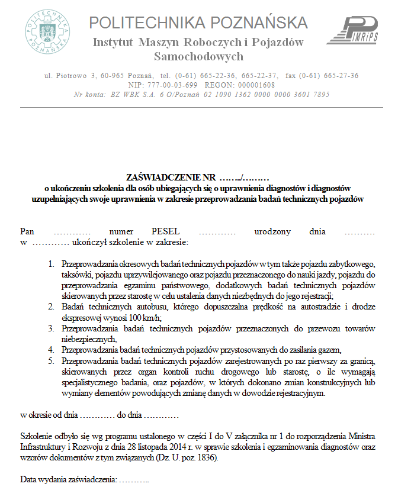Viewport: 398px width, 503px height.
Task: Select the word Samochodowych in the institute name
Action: click(x=198, y=57)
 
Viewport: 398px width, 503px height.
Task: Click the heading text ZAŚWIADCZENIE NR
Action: click(x=171, y=177)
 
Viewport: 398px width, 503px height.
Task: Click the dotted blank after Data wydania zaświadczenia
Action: click(x=134, y=478)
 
